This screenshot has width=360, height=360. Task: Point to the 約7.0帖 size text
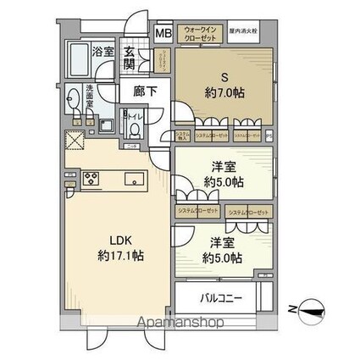[x=226, y=93]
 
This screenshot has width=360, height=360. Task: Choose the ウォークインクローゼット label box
[x=201, y=36]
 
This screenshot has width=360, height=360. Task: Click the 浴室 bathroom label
[x=102, y=52]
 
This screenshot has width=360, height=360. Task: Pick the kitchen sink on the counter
[x=132, y=180]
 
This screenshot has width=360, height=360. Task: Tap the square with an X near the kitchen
[x=72, y=141]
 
